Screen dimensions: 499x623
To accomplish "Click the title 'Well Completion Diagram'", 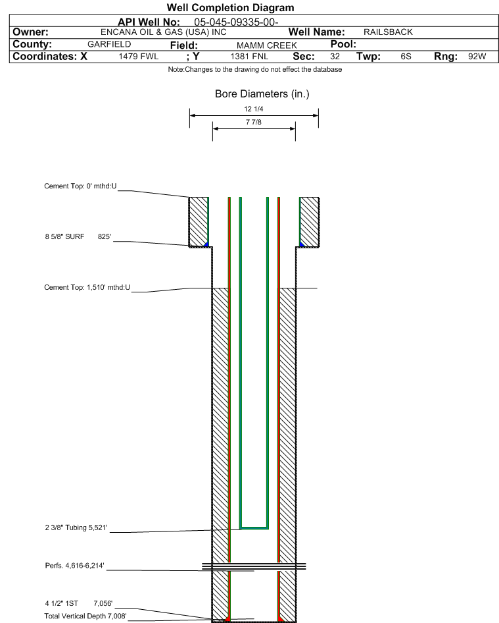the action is (231, 7).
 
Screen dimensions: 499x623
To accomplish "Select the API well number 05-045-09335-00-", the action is (236, 22).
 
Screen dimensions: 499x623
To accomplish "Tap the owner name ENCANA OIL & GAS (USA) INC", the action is (164, 32).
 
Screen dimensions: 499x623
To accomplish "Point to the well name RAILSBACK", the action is (388, 32).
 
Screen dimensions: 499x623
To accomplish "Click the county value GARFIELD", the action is (109, 44).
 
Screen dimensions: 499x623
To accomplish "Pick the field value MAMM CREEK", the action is (266, 45).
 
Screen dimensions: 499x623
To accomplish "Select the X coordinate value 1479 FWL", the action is (139, 57).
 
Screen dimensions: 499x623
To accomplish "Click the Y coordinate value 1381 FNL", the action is (249, 57).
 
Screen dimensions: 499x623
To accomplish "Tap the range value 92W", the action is (477, 57).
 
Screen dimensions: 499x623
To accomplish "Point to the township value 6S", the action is (406, 57).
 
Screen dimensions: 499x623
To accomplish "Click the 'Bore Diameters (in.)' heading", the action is (262, 94).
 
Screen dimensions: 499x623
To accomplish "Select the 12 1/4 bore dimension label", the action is (254, 109).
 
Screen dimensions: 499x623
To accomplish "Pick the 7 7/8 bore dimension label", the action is (254, 122).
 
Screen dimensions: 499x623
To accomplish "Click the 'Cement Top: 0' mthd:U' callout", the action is (80, 186).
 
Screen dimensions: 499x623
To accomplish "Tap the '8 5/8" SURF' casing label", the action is (64, 236).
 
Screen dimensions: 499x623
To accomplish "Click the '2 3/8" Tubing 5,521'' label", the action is (76, 528).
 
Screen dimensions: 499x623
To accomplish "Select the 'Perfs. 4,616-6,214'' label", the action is (74, 566).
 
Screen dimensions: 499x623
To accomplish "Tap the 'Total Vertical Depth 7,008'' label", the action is (85, 616).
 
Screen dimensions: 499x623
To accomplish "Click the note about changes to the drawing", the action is (254, 70).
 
